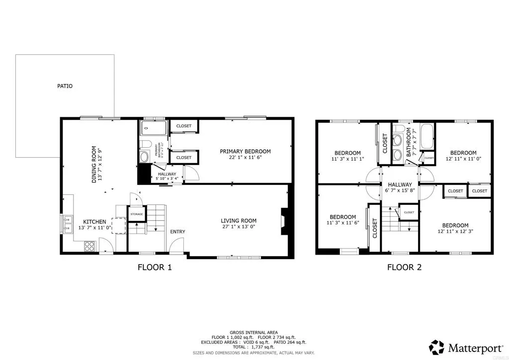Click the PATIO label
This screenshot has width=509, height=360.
click(x=65, y=86)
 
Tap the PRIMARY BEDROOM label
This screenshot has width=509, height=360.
click(x=245, y=151)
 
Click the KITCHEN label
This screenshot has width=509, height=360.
click(x=94, y=222)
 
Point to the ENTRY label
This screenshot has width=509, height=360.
click(x=177, y=232)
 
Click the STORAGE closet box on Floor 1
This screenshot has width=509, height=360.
click(x=137, y=214)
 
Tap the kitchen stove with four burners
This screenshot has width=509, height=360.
click(x=89, y=245)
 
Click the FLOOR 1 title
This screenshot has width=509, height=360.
click(x=155, y=268)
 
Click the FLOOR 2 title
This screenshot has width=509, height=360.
click(x=404, y=268)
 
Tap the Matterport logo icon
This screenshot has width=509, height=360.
click(x=437, y=347)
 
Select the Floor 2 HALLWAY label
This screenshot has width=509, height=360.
click(x=400, y=183)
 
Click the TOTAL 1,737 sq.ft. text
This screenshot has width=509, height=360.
click(x=254, y=347)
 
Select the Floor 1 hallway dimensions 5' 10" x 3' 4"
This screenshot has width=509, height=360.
click(x=167, y=178)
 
